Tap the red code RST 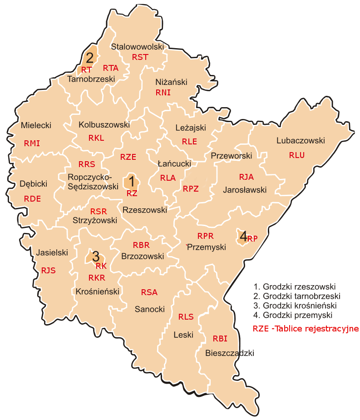coord(140,57)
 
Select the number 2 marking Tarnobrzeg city coord(90,58)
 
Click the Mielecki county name coord(36,125)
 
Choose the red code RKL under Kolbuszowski coord(96,138)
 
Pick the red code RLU coord(296,155)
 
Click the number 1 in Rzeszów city coord(132,182)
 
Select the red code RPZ coord(191,189)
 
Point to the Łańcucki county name coord(174,163)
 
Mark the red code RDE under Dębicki coord(33,198)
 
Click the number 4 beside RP coord(243,236)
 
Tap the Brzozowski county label coord(143,256)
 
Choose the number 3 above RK coord(96,256)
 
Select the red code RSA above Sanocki coord(149,292)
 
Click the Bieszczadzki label coord(229,353)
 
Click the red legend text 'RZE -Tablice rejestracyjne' coord(306,328)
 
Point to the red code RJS coord(48,270)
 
